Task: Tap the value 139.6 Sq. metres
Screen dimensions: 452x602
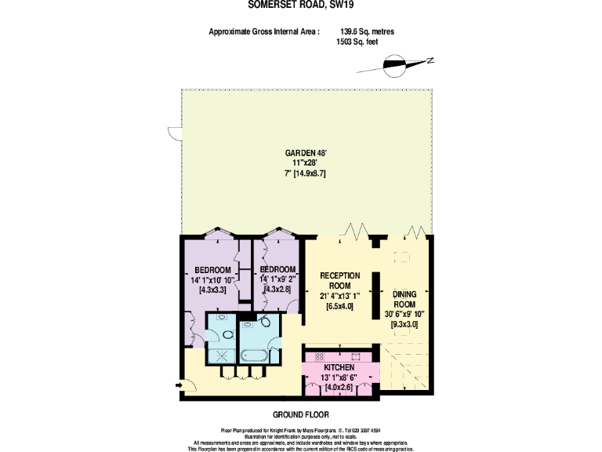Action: point(367,32)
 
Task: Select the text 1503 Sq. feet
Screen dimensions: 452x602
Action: point(357,42)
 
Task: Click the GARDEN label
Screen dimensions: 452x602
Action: point(301,153)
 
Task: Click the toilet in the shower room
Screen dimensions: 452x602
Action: point(227,334)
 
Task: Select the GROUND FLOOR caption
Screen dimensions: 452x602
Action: point(300,414)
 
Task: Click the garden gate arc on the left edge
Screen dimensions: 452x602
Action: point(173,134)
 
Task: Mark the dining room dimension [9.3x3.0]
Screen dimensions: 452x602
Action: point(404,323)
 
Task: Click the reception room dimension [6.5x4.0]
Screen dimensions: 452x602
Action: point(340,305)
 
